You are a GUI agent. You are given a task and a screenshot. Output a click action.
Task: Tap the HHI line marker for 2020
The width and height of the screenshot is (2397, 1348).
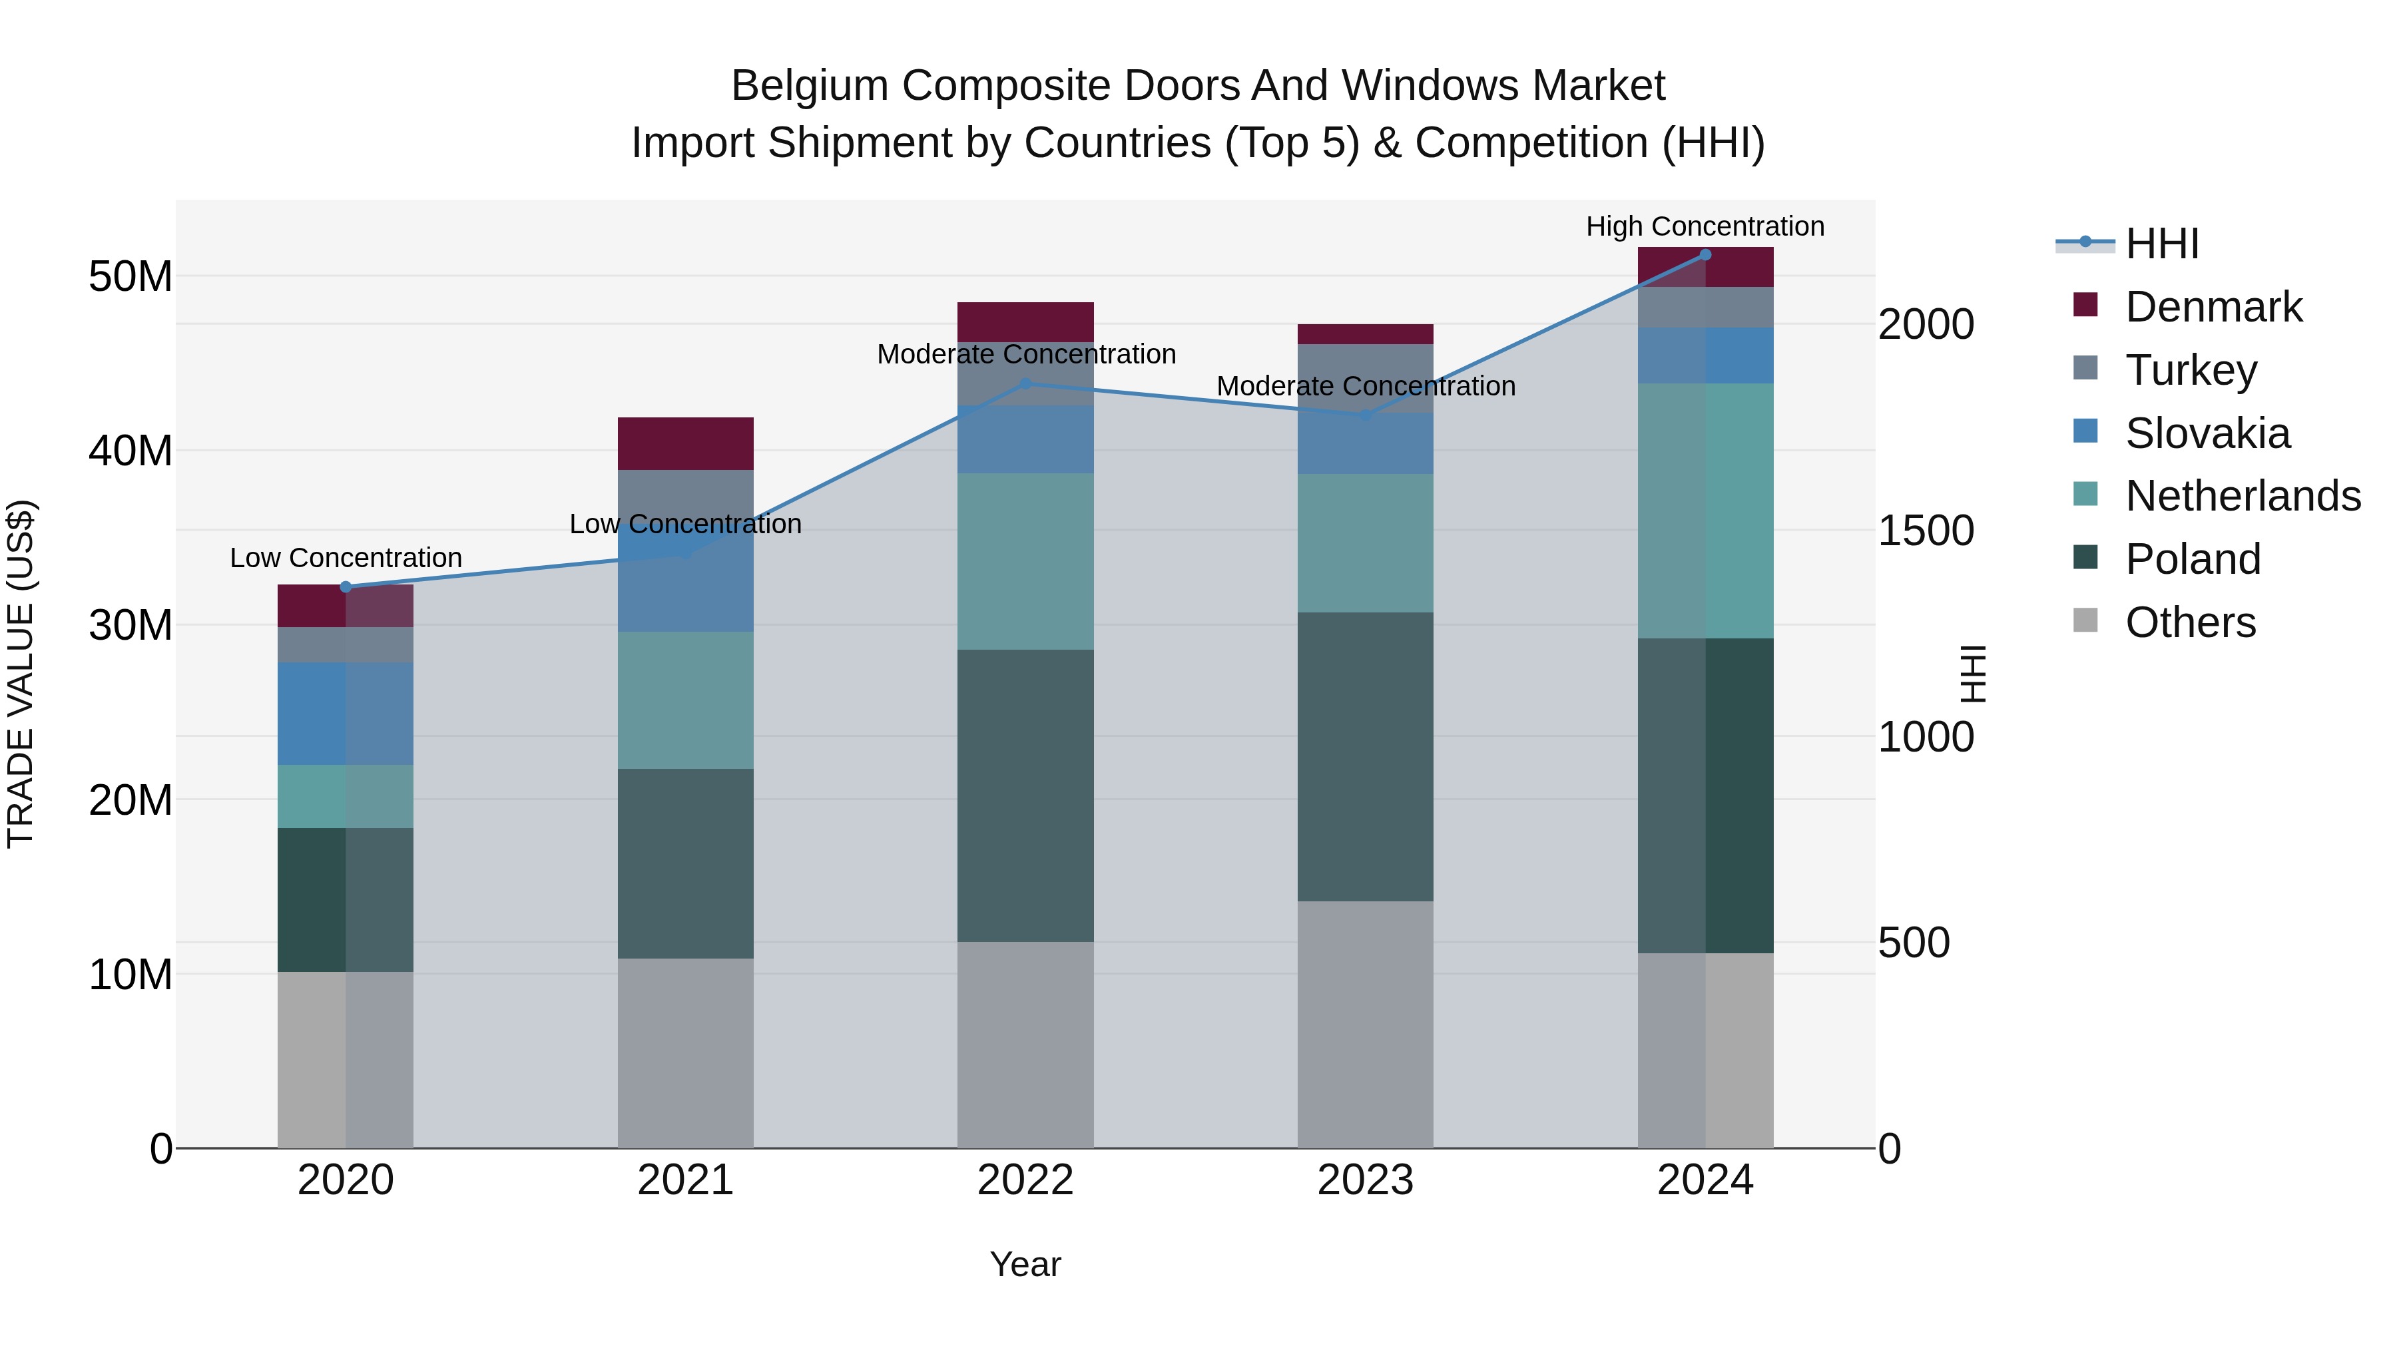[346, 587]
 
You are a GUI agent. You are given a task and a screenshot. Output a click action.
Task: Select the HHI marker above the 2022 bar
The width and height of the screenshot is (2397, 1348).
[1025, 383]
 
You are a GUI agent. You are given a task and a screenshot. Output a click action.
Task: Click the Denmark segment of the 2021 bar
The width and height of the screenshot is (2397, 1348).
[686, 444]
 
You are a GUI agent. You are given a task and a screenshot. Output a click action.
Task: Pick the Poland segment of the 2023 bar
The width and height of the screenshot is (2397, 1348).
[1365, 756]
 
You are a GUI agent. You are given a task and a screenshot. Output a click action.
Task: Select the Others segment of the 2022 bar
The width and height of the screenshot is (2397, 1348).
[1025, 1044]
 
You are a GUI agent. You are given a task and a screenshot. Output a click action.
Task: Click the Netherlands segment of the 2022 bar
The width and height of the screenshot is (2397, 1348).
[1025, 561]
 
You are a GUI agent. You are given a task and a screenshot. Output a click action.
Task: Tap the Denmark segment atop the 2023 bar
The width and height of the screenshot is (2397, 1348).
[1365, 334]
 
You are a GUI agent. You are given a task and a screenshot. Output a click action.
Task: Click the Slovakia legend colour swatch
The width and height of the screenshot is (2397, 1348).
[2085, 431]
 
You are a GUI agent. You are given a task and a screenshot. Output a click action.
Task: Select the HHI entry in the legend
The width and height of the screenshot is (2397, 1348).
[2161, 244]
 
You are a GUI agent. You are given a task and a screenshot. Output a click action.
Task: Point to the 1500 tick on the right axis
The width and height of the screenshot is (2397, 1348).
[1925, 531]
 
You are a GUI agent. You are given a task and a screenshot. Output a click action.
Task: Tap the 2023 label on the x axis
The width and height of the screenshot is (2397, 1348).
[1365, 1180]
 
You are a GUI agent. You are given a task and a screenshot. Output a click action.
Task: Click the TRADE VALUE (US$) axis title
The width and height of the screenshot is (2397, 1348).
[21, 674]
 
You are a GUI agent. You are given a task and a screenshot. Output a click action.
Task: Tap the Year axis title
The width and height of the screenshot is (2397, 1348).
[1025, 1264]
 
